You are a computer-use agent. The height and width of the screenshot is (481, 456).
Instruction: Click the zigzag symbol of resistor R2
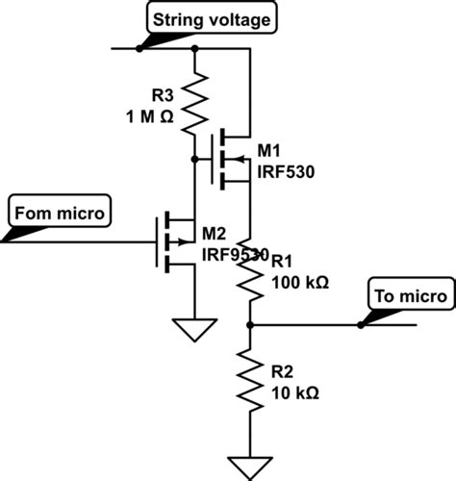[x=249, y=381]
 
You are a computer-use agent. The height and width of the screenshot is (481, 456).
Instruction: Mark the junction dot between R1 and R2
[x=249, y=325]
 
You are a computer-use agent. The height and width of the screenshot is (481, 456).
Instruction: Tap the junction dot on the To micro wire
[x=361, y=325]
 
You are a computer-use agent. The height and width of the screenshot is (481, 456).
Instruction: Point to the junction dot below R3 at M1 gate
[x=195, y=157]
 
